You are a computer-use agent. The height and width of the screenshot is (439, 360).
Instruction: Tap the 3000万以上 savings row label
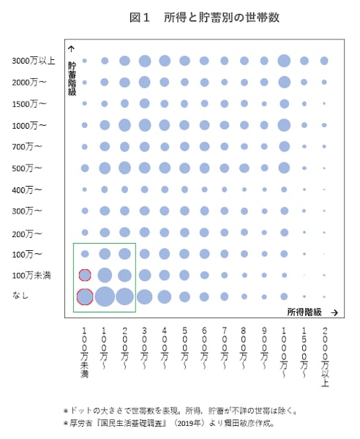[x=33, y=61]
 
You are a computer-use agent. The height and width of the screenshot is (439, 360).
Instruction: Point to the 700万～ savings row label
[x=27, y=147]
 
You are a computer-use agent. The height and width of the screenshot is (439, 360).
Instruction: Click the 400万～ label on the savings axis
[x=27, y=190]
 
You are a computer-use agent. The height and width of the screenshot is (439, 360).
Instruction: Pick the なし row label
[x=20, y=296]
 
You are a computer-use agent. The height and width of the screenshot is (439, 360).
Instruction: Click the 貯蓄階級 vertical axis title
[x=72, y=78]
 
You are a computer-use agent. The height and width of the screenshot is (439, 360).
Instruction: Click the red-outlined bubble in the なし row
[x=85, y=296]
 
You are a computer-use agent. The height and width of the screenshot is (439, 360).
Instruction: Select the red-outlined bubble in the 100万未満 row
[x=85, y=275]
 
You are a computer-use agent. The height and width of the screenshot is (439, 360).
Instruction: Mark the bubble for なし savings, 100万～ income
[x=105, y=296]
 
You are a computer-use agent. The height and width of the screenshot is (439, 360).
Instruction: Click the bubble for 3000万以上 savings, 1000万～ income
[x=284, y=61]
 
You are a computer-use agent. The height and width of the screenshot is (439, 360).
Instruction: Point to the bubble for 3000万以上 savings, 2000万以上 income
[x=323, y=61]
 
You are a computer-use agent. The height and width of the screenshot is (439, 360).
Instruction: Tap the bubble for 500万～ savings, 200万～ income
[x=124, y=168]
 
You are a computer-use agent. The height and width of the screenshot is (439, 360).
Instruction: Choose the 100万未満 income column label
[x=85, y=351]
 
